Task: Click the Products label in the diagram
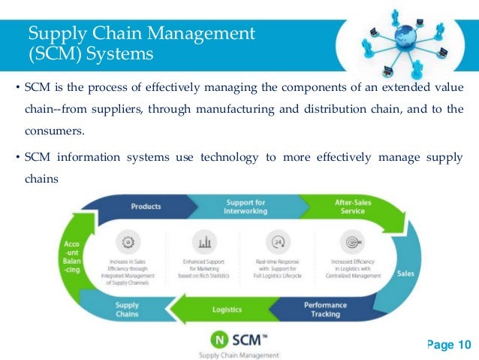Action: click(x=146, y=206)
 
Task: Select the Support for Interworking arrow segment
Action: click(x=246, y=206)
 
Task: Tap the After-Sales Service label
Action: click(x=350, y=207)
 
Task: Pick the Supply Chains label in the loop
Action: click(x=127, y=310)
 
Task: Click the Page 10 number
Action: click(x=448, y=344)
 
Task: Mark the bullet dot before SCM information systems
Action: click(x=18, y=157)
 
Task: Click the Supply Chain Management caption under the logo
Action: click(x=238, y=354)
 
